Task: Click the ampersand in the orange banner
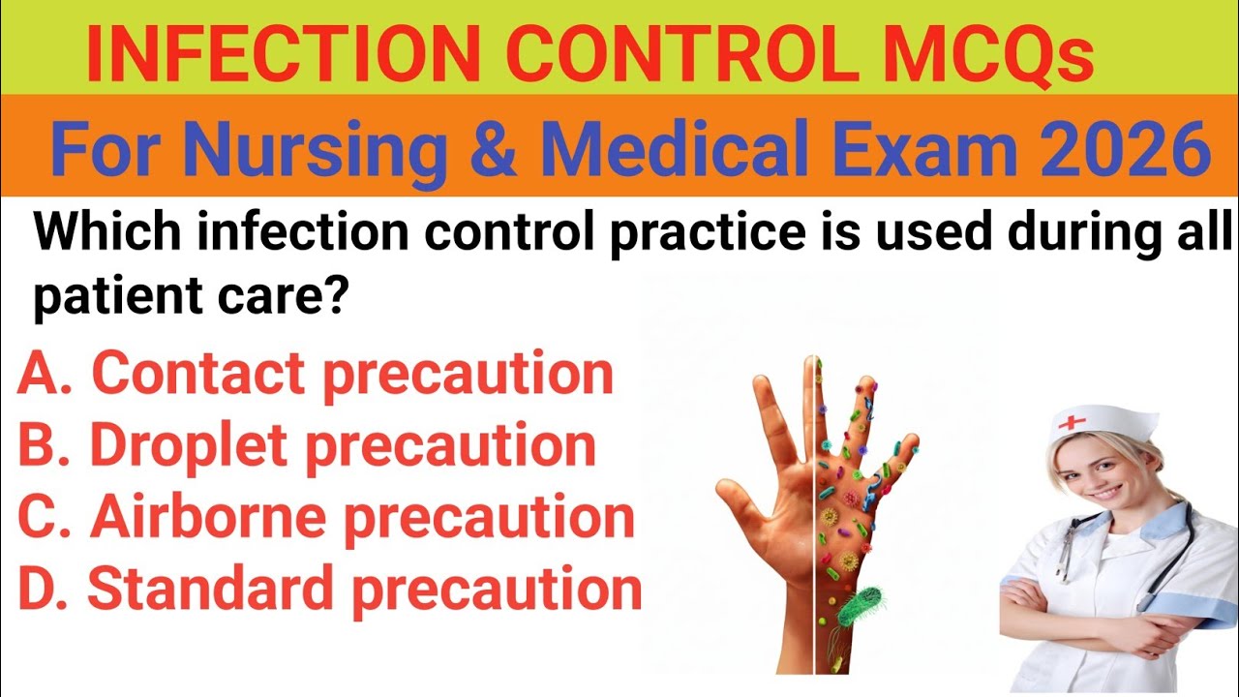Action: click(x=498, y=151)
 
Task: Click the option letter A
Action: click(x=39, y=374)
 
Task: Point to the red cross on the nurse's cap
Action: click(x=1072, y=422)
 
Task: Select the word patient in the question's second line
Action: click(x=107, y=299)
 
